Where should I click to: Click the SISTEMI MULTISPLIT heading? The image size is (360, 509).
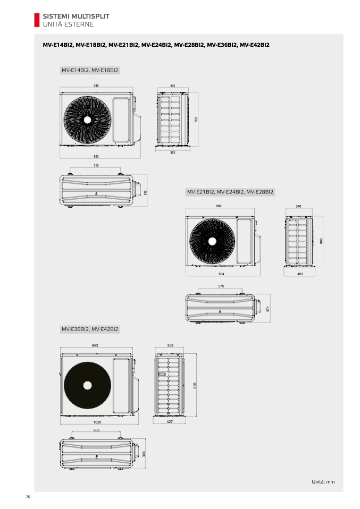(76, 16)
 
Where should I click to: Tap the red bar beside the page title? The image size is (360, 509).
(37, 20)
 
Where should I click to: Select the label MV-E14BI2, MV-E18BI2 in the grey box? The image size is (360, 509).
(90, 70)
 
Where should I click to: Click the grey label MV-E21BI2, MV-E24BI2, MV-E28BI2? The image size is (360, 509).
(230, 192)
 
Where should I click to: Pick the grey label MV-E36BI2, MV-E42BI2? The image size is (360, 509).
(90, 329)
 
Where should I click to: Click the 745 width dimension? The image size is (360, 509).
(96, 86)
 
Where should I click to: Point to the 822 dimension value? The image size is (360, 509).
(96, 156)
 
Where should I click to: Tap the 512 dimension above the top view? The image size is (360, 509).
(96, 166)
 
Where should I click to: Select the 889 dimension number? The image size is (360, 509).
(219, 206)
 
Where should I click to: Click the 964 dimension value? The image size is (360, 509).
(221, 274)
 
